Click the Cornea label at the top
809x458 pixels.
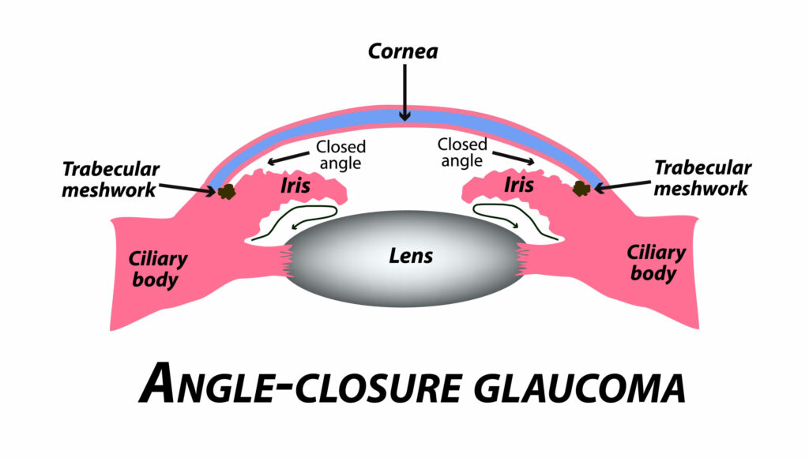pos(404,53)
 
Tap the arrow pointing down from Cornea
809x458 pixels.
pos(404,92)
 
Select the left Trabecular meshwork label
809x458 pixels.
pos(111,178)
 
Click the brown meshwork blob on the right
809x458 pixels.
pos(581,188)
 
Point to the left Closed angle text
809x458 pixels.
pos(341,155)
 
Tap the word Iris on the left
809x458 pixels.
pos(293,186)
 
